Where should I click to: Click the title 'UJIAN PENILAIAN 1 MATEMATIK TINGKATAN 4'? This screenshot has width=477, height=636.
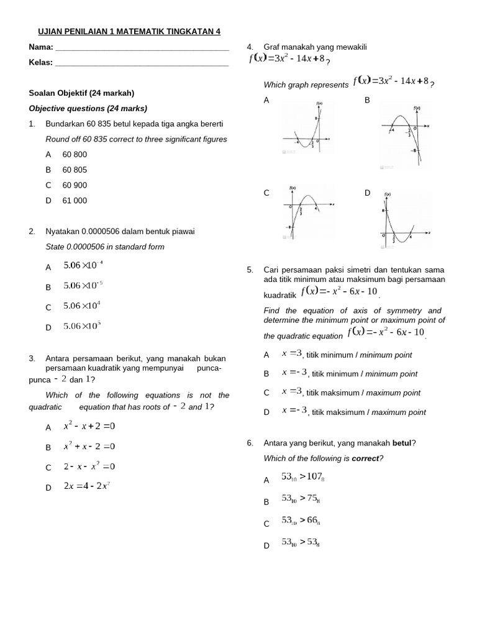coord(125,32)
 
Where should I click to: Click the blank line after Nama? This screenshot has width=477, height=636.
coord(142,48)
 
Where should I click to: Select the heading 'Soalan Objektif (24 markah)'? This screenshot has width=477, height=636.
coord(81,93)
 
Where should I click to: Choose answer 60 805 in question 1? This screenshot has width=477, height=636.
coord(75,170)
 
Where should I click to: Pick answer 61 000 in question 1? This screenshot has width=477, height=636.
coord(75,201)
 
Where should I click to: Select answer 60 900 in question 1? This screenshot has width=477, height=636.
coord(75,185)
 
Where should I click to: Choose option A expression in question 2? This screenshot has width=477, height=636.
coord(83,265)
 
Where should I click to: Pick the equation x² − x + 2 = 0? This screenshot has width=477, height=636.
coord(89,427)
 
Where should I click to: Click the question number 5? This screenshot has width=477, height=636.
coord(250,270)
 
